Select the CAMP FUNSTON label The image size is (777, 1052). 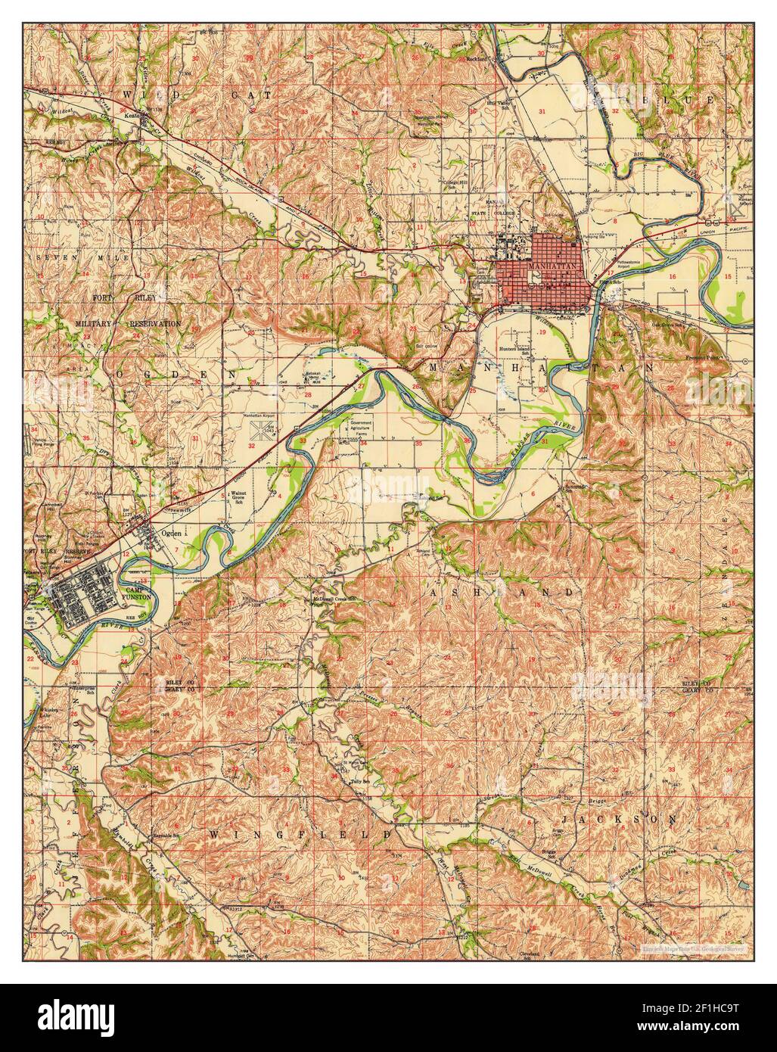pos(138,593)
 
